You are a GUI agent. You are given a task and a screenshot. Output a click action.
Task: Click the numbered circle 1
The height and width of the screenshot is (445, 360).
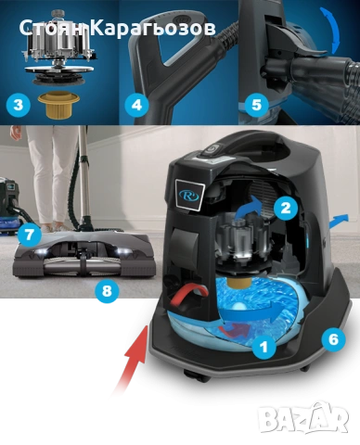click(x=264, y=347)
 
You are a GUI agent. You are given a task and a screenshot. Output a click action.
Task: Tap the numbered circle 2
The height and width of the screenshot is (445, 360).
click(x=286, y=208)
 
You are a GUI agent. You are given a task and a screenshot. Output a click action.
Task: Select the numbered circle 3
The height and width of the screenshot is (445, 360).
click(x=19, y=105)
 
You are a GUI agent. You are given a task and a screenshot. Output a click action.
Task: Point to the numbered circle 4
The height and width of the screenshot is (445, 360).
click(x=136, y=105)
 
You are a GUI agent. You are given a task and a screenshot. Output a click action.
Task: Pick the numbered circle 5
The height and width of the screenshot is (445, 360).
click(x=256, y=105)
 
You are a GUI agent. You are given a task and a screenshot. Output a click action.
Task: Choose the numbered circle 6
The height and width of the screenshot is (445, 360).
click(x=333, y=339)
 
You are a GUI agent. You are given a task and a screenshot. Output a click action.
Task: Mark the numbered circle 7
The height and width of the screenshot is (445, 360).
click(x=30, y=235)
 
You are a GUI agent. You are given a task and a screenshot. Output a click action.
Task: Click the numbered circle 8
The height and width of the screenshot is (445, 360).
click(x=107, y=290)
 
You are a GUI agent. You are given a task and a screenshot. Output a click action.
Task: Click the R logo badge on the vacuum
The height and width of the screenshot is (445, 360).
click(x=190, y=195)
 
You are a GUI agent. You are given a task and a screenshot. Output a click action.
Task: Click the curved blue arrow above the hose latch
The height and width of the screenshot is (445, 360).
click(x=331, y=30)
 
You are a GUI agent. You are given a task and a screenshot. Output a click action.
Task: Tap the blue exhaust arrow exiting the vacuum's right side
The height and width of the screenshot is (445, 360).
click(x=339, y=222)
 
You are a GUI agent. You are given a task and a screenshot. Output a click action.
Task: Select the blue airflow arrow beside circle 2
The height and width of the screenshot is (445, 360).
click(x=251, y=206)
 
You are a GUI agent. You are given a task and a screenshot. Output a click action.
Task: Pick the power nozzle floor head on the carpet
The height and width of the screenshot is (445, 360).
click(x=84, y=254)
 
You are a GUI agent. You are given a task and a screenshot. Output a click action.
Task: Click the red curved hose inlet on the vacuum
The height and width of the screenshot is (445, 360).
click(x=187, y=294)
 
